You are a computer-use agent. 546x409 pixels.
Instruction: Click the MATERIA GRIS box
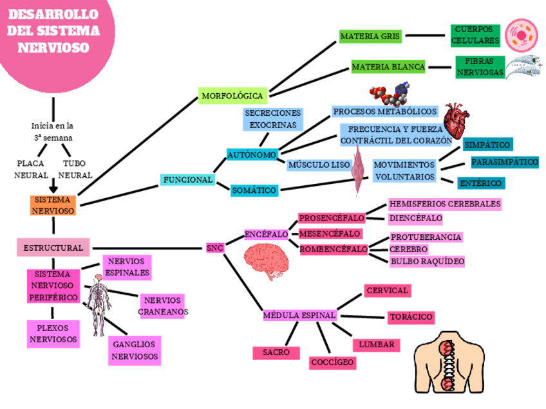point(370,36)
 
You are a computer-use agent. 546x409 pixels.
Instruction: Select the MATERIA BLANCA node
point(388,66)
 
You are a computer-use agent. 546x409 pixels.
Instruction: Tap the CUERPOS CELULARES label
point(475,35)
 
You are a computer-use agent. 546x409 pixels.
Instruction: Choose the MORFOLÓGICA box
point(233,96)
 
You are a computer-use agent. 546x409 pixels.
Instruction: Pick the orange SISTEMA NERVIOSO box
point(53,205)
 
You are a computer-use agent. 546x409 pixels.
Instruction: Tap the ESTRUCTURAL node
point(53,248)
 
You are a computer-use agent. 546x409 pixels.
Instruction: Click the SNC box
point(214,248)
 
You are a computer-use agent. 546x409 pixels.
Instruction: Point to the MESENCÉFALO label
point(330,233)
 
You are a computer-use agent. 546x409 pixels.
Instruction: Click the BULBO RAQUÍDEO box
point(428,261)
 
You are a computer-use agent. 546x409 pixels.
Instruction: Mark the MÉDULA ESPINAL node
point(299,316)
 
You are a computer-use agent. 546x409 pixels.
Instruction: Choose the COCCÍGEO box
point(332,363)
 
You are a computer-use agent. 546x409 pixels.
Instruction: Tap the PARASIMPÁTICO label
point(505,162)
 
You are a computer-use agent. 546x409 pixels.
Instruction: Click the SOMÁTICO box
point(254,190)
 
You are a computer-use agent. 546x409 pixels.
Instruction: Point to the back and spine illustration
point(446,365)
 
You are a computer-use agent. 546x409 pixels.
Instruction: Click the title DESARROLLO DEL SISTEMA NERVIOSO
point(53,31)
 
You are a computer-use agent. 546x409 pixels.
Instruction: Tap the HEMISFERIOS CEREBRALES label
point(444,204)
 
